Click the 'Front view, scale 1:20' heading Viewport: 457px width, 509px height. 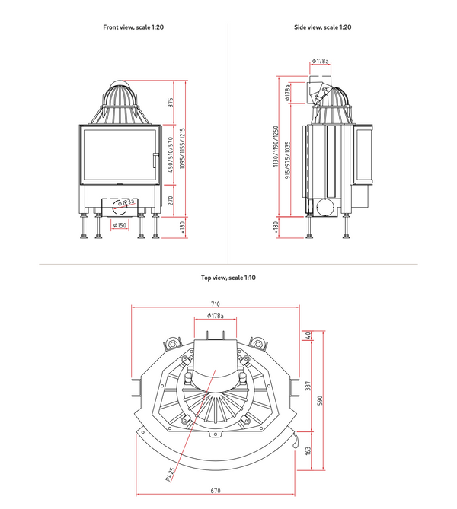(x=133, y=27)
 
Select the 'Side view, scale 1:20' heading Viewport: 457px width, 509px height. (x=323, y=27)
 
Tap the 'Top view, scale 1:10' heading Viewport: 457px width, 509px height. (x=228, y=278)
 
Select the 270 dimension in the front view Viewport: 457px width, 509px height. (x=172, y=201)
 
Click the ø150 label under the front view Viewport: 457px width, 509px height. (x=120, y=226)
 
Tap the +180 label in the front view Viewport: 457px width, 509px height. (x=172, y=227)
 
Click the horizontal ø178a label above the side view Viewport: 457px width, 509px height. (x=321, y=62)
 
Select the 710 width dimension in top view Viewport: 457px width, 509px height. (x=216, y=304)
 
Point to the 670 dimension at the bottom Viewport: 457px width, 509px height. (x=216, y=491)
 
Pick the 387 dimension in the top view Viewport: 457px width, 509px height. (x=308, y=387)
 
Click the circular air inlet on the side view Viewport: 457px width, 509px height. (x=323, y=205)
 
